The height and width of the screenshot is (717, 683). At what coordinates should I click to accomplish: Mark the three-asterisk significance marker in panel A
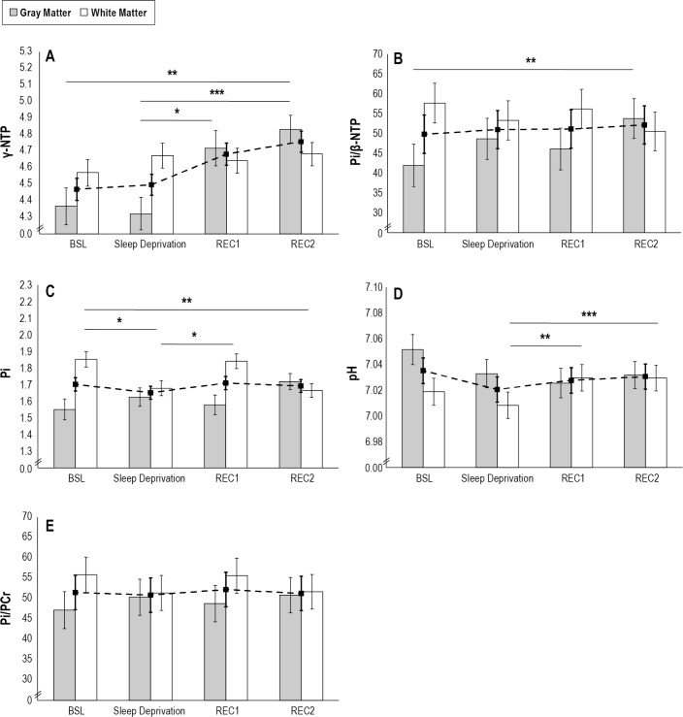coord(215,92)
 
